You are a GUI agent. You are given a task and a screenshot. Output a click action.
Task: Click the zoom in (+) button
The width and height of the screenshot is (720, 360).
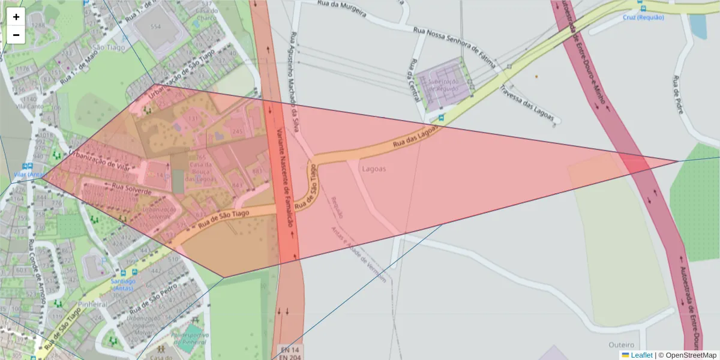point(16,17)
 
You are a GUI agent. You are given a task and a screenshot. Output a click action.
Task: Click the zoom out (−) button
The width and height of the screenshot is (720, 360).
point(16,35)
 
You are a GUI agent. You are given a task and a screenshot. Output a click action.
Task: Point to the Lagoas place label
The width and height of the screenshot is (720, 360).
point(374,169)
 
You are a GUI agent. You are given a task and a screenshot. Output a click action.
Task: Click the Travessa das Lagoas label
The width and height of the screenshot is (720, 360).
point(526,103)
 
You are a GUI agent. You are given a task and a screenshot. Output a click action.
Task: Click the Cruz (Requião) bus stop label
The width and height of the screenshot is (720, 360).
point(643,17)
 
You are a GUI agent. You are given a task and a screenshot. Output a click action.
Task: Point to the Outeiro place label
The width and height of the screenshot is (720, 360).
point(621,345)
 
